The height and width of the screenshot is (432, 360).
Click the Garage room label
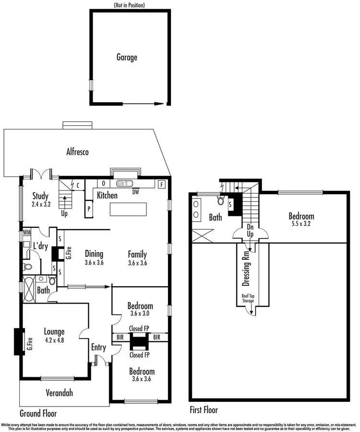(127, 58)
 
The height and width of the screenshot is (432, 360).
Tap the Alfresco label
(78, 152)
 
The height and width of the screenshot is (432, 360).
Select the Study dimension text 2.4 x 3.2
(42, 203)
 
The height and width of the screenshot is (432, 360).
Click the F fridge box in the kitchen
(162, 184)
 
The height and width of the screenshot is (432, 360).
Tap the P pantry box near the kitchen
(89, 209)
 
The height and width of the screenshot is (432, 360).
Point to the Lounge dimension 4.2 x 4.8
(54, 340)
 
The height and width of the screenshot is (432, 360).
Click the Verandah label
(60, 393)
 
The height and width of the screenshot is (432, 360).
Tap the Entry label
(99, 348)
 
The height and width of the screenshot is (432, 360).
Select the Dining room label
(95, 254)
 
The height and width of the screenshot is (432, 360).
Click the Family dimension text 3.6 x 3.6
(137, 263)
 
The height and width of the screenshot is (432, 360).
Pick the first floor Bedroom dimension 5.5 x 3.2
(301, 224)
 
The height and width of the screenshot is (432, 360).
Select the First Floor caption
(204, 410)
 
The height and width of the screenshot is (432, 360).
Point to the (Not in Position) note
(129, 5)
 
